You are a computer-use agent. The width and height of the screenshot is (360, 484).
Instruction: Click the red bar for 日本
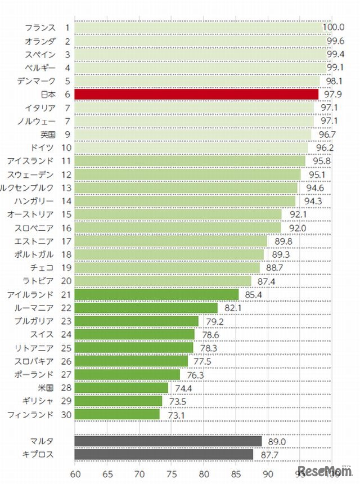(x=196, y=94)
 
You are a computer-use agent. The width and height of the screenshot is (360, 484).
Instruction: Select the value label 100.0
(x=333, y=27)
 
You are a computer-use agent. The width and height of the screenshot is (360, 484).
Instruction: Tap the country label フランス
(x=40, y=27)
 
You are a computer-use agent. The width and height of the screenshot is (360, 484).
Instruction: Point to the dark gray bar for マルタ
(x=168, y=441)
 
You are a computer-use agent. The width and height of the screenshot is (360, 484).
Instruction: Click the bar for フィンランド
(x=116, y=414)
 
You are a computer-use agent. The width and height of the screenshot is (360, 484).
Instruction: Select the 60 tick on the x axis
(x=74, y=474)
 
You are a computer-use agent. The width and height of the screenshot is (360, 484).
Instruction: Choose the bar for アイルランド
(x=156, y=294)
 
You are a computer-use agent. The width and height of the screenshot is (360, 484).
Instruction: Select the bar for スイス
(x=134, y=334)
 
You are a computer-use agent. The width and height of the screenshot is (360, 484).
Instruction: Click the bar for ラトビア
(x=163, y=281)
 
